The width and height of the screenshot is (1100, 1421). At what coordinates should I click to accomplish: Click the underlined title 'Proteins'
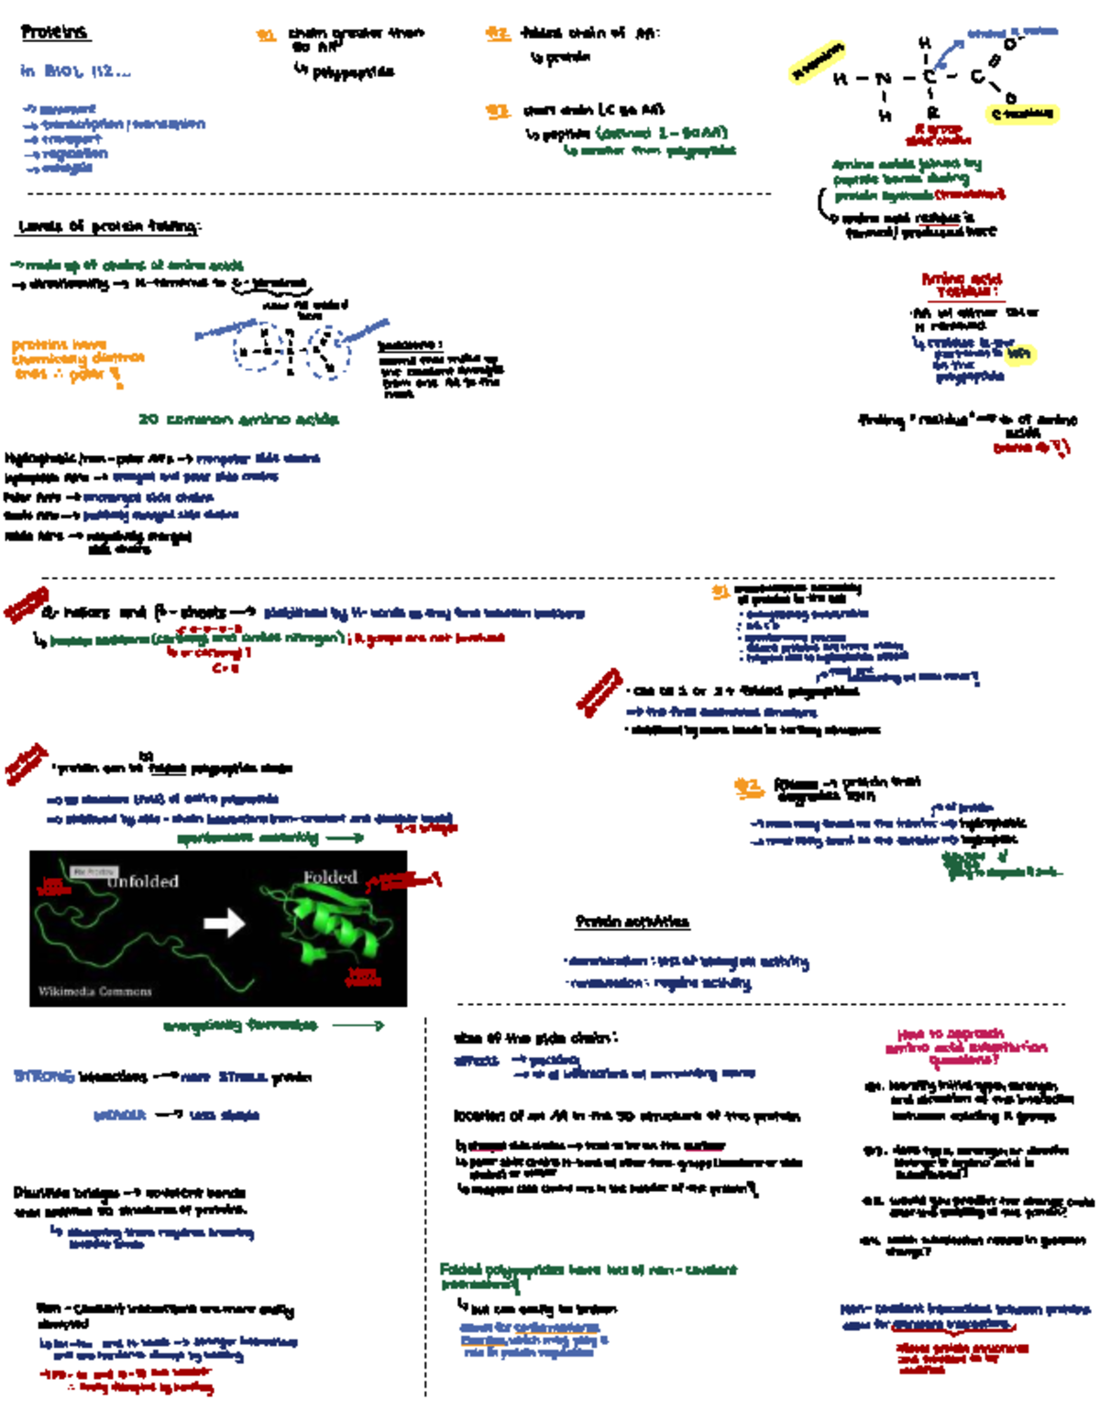[54, 32]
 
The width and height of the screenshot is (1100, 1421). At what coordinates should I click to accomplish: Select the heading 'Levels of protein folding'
[108, 226]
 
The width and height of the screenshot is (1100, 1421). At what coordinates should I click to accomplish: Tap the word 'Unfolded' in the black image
[142, 881]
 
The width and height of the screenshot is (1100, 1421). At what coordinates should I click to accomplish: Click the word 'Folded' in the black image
[330, 877]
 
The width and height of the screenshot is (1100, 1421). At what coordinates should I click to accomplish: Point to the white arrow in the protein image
[225, 922]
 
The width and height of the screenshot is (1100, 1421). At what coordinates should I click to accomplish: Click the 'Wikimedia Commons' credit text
[94, 991]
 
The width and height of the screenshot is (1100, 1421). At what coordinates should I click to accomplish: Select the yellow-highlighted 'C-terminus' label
[1023, 115]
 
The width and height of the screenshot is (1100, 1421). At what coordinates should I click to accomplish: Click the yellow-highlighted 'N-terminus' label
[817, 61]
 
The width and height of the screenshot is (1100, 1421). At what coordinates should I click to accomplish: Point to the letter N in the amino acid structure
[882, 80]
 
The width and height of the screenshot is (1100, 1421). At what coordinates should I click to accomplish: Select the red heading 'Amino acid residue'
[962, 285]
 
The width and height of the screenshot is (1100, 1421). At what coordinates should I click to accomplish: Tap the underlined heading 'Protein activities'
[632, 922]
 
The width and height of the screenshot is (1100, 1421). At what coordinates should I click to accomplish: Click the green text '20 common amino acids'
[238, 420]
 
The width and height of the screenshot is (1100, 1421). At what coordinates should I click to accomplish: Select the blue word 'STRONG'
[43, 1077]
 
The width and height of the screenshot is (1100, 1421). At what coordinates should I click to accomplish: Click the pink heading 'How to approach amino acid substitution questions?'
[965, 1046]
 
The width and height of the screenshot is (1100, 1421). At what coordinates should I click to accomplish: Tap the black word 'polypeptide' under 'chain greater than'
[353, 72]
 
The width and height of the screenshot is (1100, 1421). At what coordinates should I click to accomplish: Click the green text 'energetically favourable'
[240, 1025]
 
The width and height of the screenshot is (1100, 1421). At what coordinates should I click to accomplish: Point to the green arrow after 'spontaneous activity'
[345, 837]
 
